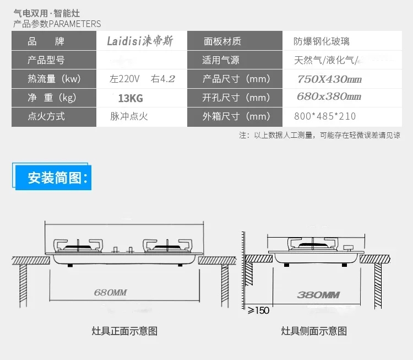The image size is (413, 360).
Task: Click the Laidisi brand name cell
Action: (140, 41)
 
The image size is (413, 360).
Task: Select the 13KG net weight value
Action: (131, 98)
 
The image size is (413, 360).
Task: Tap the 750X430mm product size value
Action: (329, 79)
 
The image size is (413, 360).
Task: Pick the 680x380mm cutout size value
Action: (329, 97)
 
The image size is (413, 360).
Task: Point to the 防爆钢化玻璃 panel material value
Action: (321, 41)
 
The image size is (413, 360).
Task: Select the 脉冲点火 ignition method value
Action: (129, 116)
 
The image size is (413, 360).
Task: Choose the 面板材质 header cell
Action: (222, 41)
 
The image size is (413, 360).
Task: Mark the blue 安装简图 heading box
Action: (53, 178)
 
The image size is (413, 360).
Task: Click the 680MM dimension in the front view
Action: (110, 292)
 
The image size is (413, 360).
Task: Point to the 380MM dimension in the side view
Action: (318, 295)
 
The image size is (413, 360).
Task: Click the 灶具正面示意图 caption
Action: (124, 331)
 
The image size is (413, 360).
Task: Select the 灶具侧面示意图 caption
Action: (314, 331)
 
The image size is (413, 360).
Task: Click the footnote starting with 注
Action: (319, 136)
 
